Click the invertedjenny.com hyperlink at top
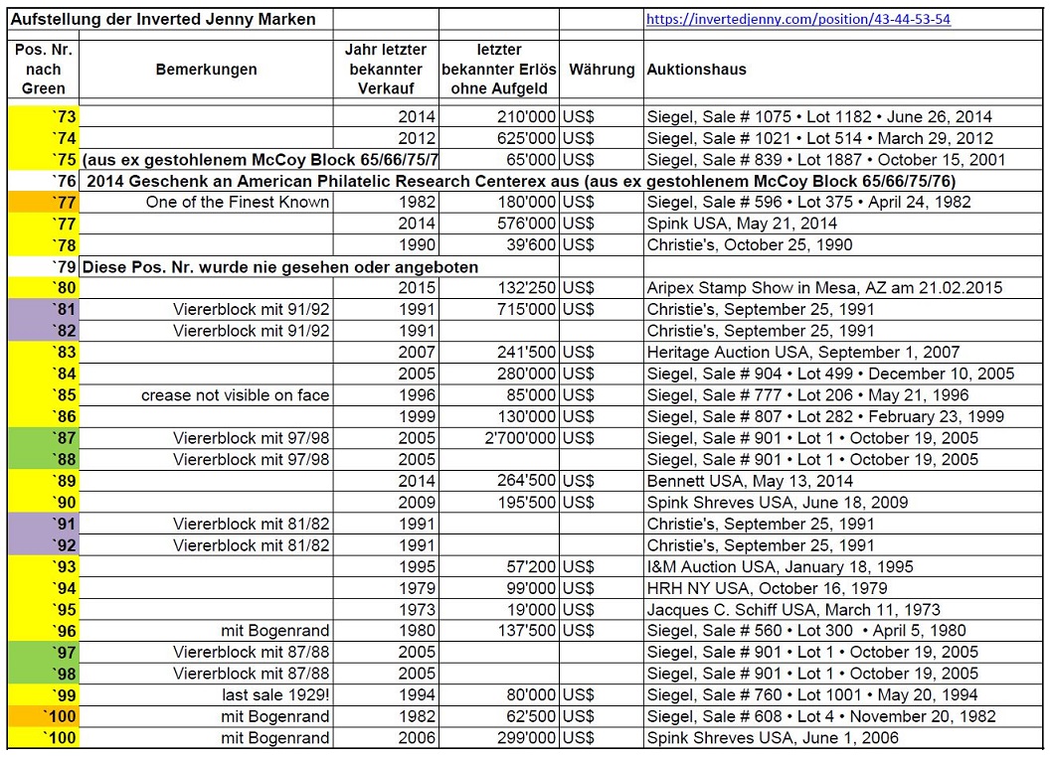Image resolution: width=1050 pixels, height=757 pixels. click(798, 19)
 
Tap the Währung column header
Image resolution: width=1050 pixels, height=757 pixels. click(602, 70)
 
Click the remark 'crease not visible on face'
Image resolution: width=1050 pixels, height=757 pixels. click(235, 395)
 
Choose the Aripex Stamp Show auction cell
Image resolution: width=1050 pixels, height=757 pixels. click(824, 288)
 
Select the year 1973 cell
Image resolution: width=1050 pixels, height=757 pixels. click(417, 610)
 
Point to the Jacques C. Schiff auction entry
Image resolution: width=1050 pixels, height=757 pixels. click(792, 610)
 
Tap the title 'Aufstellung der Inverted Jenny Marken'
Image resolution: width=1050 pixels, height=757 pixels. click(163, 19)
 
